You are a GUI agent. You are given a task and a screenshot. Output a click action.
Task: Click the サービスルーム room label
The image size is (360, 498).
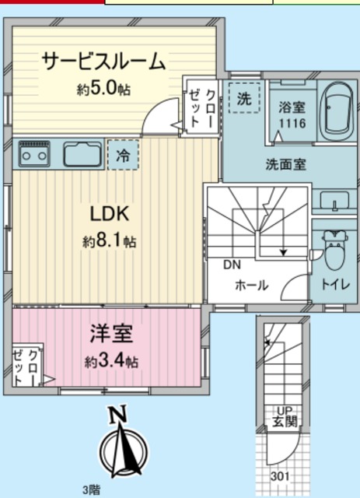pos(103,61)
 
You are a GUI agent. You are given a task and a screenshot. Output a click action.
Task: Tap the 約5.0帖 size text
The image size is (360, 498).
pos(103,89)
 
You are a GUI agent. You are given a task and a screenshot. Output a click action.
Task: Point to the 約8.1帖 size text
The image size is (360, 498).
pos(110,242)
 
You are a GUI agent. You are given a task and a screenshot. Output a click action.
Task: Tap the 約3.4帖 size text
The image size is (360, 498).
pos(112,362)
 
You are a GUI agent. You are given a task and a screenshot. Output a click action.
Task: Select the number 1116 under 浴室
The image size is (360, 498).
pos(292,124)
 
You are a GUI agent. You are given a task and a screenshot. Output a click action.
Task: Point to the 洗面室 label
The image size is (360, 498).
pos(285,164)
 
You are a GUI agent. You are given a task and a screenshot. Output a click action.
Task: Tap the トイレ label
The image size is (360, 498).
pos(335,286)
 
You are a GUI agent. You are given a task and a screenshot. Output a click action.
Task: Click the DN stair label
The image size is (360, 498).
pos(232,265)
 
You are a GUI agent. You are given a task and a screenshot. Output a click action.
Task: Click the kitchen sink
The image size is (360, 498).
pos(82,154)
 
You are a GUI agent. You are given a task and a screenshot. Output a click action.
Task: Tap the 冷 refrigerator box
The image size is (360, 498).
pos(123,155)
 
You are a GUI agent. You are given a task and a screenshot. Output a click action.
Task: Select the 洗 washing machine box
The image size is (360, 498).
pos(244,99)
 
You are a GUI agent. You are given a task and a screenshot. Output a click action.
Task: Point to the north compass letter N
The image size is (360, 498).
pos(119,415)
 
